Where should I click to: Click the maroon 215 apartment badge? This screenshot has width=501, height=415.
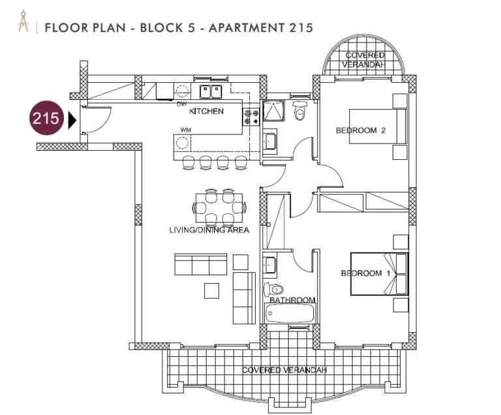pyautogui.click(x=46, y=118)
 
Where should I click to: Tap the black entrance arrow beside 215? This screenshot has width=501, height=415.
pyautogui.click(x=72, y=120)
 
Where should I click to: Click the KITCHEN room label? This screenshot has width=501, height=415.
pyautogui.click(x=206, y=112)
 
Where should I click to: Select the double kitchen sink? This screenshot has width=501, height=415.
pyautogui.click(x=211, y=91)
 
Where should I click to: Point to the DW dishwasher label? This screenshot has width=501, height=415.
pyautogui.click(x=182, y=104)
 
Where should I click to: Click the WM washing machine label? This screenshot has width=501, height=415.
pyautogui.click(x=186, y=130)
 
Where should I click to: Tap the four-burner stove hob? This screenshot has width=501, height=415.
pyautogui.click(x=250, y=117)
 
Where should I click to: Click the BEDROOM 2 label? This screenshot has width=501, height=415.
pyautogui.click(x=360, y=131)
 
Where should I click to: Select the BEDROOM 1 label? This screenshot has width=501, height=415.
pyautogui.click(x=365, y=273)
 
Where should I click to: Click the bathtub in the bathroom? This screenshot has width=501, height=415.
pyautogui.click(x=290, y=313)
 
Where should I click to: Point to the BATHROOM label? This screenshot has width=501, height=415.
pyautogui.click(x=292, y=300)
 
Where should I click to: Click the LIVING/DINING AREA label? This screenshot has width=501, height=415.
pyautogui.click(x=209, y=230)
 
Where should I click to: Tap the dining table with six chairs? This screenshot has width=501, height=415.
pyautogui.click(x=219, y=207)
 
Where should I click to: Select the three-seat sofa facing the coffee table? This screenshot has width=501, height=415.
pyautogui.click(x=201, y=264)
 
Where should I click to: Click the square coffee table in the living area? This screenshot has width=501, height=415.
pyautogui.click(x=211, y=291)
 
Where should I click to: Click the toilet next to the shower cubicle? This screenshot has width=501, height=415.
pyautogui.click(x=299, y=110)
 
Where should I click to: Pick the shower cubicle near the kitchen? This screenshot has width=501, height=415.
pyautogui.click(x=273, y=111)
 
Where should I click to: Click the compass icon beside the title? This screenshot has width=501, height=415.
pyautogui.click(x=23, y=22)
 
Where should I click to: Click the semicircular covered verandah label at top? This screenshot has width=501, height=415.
pyautogui.click(x=364, y=60)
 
